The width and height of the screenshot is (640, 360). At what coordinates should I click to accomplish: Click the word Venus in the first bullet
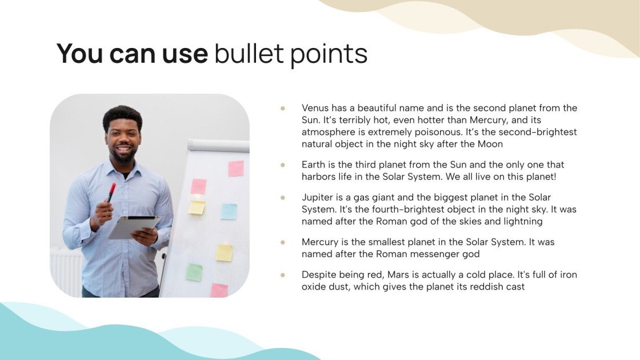point(314,108)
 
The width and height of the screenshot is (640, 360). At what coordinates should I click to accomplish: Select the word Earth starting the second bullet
point(314,165)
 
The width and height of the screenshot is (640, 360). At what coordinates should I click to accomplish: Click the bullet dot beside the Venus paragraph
point(282,108)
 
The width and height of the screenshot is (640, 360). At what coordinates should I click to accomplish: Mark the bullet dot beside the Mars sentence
point(282,275)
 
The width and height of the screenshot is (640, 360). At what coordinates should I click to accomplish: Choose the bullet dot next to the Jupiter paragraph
point(282,197)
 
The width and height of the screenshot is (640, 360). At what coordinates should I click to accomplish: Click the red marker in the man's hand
point(111,192)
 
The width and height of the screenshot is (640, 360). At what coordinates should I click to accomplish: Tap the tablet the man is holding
point(134,226)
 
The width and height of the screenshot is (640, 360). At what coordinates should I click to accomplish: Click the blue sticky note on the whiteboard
point(229,211)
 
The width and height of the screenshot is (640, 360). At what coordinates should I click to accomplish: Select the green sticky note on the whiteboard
point(194,272)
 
